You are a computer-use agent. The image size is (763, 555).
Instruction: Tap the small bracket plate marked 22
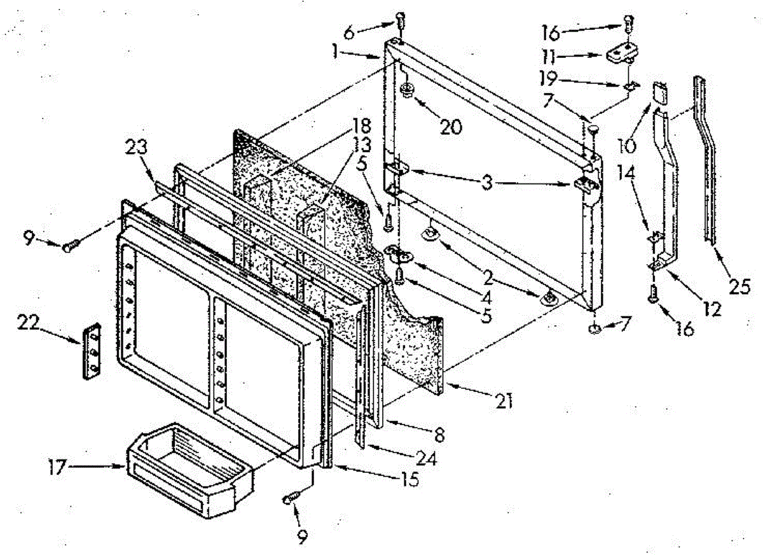tap(92, 350)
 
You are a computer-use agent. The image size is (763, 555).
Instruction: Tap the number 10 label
tap(626, 145)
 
